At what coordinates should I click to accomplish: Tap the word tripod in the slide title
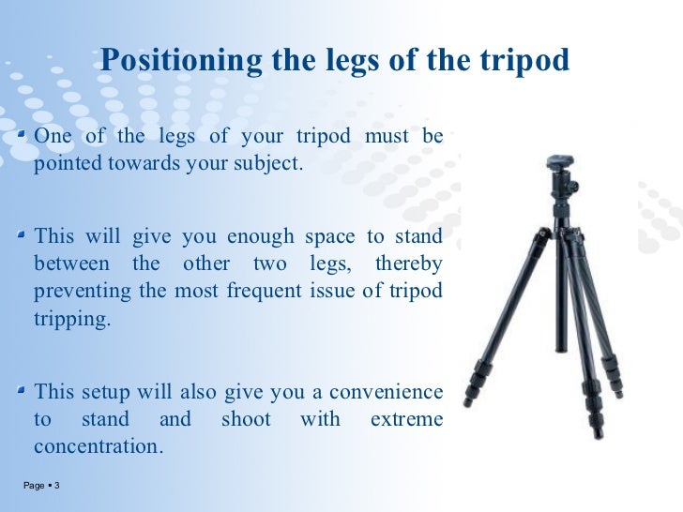[524, 61]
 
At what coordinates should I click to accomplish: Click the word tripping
[72, 319]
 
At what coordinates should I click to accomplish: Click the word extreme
[405, 419]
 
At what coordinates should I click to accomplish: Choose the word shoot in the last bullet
[246, 419]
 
